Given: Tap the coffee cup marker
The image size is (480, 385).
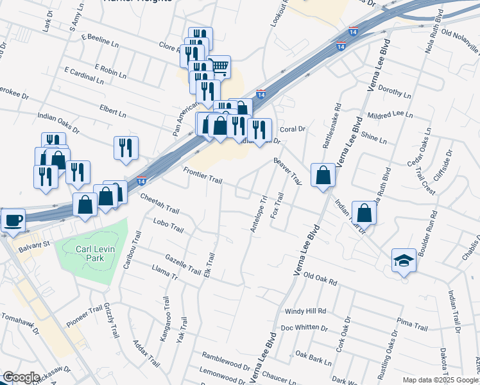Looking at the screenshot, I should click(13, 221).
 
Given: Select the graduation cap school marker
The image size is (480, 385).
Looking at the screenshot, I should click(403, 261).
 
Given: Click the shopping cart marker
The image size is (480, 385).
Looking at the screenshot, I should click(219, 66).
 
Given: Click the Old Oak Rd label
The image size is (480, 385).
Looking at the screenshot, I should click(320, 277).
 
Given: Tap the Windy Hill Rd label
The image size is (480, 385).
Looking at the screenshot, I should click(305, 311).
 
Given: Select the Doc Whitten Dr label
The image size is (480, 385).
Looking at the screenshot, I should click(304, 329).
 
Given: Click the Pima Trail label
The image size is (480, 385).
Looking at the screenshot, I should click(413, 327).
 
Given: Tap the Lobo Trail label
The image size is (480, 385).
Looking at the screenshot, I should click(168, 226).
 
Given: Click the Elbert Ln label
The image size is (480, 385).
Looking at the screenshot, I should click(113, 112).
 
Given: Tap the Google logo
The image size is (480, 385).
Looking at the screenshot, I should click(21, 377).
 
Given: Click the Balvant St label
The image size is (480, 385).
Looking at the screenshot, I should click(35, 244).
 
